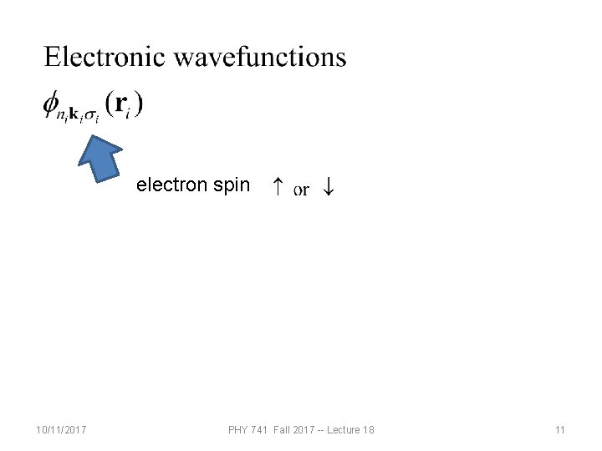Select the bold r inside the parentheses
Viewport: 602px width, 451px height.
click(122, 103)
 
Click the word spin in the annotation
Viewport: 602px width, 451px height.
click(231, 185)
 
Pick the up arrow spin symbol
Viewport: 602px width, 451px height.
click(277, 188)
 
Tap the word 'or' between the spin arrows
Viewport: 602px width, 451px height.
click(302, 190)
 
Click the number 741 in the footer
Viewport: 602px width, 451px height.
click(261, 430)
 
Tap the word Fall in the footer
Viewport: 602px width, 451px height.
click(283, 430)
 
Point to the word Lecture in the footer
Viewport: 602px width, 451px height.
click(343, 430)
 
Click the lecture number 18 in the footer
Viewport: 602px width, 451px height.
click(369, 430)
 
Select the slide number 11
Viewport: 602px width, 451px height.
click(560, 430)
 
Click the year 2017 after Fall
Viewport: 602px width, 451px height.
click(307, 430)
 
